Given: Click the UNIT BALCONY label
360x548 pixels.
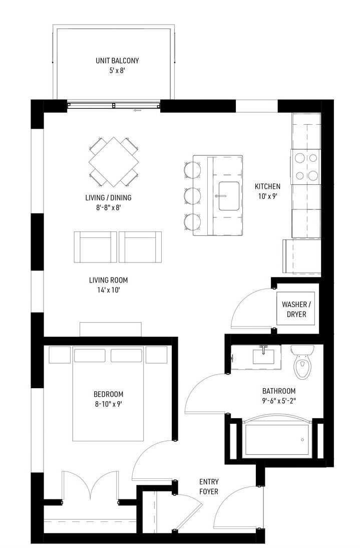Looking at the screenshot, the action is (x=117, y=65).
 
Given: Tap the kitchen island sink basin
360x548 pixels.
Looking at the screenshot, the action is (x=229, y=196).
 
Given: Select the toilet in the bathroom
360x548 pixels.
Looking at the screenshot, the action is (x=302, y=362).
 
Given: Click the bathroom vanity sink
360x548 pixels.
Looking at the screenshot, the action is (x=263, y=356).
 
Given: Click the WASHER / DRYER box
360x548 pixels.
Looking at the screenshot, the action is (x=296, y=309).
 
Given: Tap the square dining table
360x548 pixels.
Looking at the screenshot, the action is (x=114, y=161).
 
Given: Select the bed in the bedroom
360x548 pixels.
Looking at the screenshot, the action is (x=108, y=394).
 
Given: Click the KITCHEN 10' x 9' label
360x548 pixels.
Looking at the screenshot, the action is (x=267, y=191).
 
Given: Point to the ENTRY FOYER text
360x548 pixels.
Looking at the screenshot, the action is (x=209, y=486).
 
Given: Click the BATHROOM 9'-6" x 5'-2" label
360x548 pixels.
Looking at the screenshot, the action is (x=279, y=396).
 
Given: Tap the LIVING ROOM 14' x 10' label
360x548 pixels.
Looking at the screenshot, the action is (x=108, y=285).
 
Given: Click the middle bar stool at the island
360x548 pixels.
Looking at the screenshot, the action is (x=192, y=196).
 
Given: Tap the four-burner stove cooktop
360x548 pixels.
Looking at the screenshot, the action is (x=305, y=167).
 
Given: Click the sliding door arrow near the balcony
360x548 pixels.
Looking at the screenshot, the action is (x=137, y=110).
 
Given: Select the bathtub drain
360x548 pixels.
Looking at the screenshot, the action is (x=302, y=440).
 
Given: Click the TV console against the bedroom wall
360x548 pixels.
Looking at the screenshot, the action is (x=111, y=330).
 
